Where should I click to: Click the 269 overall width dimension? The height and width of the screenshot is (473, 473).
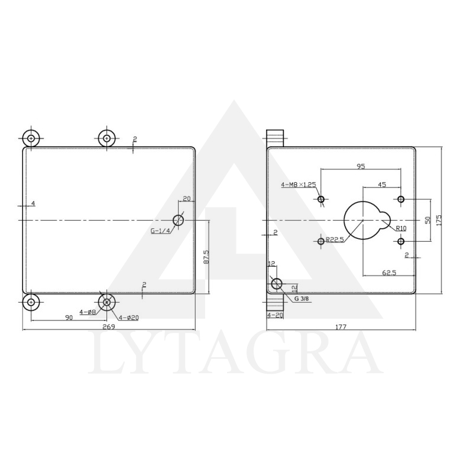coord(108,326)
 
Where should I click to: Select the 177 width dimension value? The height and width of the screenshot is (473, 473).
coord(341,326)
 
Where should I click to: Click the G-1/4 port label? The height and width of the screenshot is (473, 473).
coord(160,231)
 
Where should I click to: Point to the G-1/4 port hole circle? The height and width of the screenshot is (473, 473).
coord(178,221)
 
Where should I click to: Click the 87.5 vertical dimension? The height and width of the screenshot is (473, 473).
coord(206,257)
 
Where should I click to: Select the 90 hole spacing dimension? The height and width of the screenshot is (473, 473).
coord(69,318)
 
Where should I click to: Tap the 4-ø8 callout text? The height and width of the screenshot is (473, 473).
coord(88,312)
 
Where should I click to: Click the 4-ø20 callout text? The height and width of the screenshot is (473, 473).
coord(128,318)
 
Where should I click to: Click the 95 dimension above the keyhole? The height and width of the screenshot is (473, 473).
coord(361,167)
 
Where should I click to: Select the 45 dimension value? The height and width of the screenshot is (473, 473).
coord(382,184)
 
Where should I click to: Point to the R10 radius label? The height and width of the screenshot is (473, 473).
coord(401,228)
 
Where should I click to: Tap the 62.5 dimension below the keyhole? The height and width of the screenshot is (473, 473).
coord(388,273)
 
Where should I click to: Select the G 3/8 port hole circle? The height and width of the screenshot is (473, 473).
coord(277,284)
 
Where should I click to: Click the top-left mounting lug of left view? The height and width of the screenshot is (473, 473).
coord(31,138)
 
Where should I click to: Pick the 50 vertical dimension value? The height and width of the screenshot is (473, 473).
coord(427,219)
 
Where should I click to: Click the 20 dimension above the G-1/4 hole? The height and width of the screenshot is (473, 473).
coord(186,199)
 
